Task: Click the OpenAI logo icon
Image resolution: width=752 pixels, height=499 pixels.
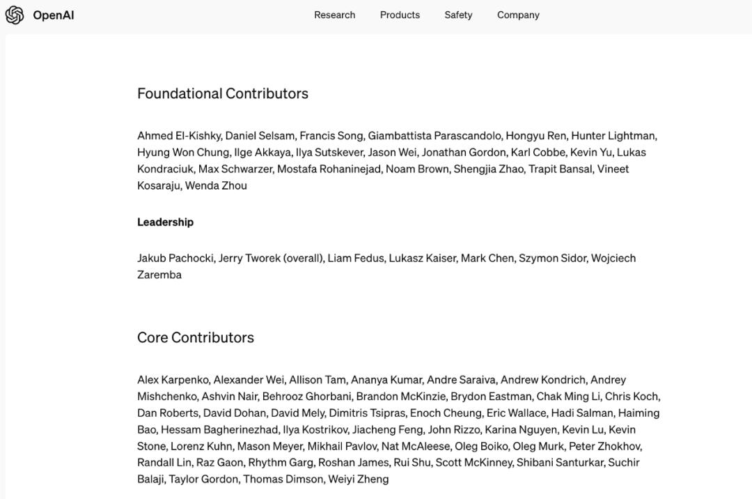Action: (x=15, y=15)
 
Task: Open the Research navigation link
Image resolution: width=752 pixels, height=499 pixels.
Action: (x=334, y=15)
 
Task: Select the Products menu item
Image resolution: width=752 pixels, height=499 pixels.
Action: (x=400, y=15)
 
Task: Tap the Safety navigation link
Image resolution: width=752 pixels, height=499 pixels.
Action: (x=458, y=15)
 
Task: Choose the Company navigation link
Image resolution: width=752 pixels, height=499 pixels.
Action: (x=518, y=15)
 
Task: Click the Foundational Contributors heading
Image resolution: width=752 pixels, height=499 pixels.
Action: (x=223, y=93)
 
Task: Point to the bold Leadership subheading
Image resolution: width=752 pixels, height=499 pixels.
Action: (x=165, y=222)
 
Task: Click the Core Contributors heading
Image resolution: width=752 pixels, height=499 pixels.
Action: (x=196, y=337)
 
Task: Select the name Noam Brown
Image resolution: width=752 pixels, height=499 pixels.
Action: (x=417, y=169)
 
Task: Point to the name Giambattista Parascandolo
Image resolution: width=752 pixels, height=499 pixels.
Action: (x=434, y=136)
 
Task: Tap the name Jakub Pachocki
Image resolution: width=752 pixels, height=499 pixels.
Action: (x=175, y=259)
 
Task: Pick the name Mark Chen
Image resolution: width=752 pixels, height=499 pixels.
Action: (x=487, y=259)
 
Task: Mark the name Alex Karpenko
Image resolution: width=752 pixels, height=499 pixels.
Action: (x=173, y=380)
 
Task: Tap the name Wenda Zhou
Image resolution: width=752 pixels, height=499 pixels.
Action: (x=216, y=186)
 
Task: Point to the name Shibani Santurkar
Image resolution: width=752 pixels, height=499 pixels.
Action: (x=561, y=463)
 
